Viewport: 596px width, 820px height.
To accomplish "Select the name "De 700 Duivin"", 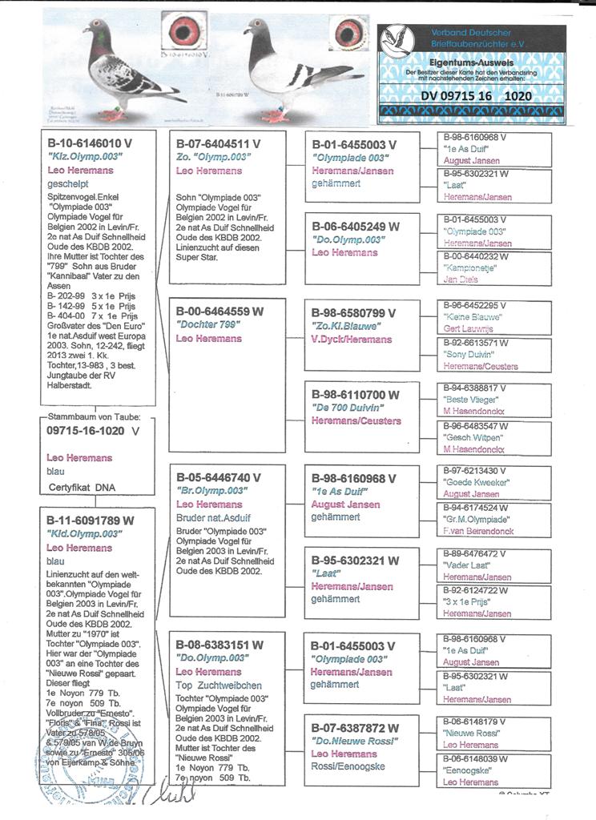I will (351, 408).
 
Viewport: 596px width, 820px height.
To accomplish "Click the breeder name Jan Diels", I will (460, 281).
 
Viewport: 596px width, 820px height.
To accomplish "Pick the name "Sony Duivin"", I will (469, 354).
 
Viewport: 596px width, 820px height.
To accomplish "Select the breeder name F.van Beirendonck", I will (478, 531).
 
